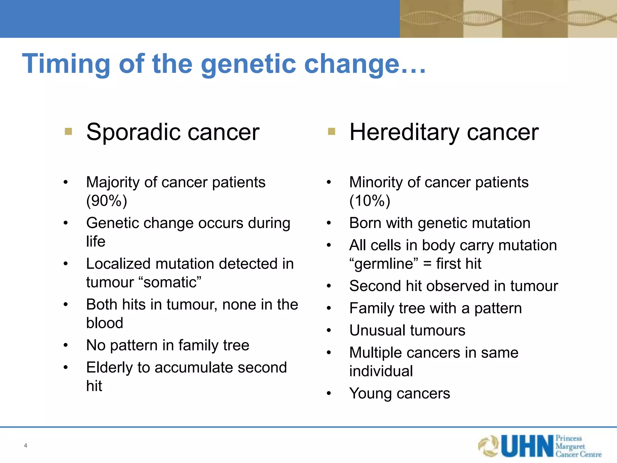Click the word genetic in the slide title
249,64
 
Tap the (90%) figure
107,201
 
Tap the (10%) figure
370,201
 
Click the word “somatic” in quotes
170,282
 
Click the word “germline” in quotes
384,264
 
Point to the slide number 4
26,446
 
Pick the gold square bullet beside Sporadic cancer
68,131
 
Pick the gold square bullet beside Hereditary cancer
331,131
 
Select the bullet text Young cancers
399,393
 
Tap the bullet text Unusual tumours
407,330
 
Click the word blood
105,323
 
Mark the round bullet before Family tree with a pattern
329,308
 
